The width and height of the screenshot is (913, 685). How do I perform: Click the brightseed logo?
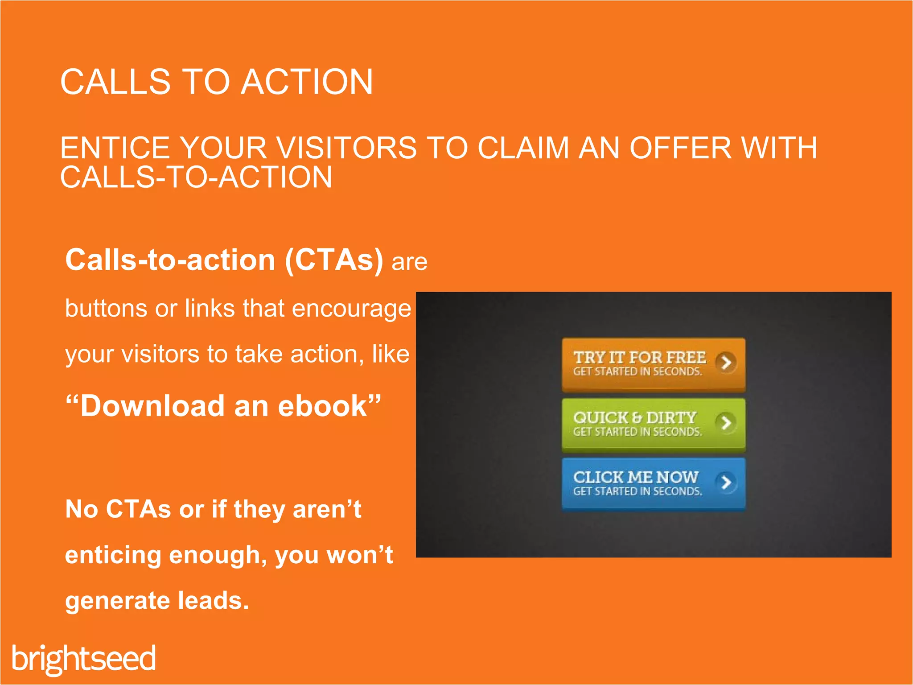point(84,659)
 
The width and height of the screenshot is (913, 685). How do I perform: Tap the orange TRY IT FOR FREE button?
point(653,364)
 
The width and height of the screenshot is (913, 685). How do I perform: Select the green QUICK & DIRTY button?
point(653,424)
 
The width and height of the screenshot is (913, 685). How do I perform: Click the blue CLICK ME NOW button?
point(653,484)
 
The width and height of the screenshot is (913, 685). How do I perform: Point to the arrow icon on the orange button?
point(726,363)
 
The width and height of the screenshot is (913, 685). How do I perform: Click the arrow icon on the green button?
point(726,422)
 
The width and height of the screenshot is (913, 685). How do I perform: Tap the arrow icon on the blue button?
point(726,482)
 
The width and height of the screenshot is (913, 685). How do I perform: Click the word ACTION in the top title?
point(307,82)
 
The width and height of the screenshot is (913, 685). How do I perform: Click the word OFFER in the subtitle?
point(680,148)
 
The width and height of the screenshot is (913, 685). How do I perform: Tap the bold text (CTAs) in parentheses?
point(334,260)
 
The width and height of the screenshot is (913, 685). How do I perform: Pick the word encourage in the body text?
point(351,309)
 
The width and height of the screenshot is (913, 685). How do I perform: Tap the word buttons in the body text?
point(106,309)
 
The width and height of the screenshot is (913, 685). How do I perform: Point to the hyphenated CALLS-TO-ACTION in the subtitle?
point(196,177)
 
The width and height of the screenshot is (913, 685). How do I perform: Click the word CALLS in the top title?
point(115,82)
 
